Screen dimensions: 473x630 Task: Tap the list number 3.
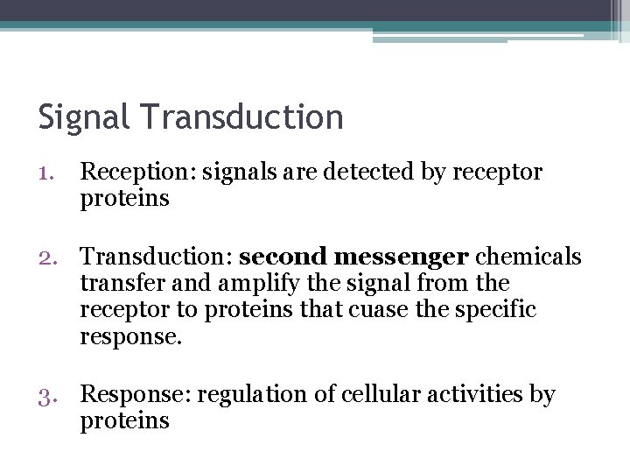click(x=48, y=396)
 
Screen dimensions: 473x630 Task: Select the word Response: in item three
click(x=135, y=396)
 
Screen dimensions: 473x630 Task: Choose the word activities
click(x=463, y=395)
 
